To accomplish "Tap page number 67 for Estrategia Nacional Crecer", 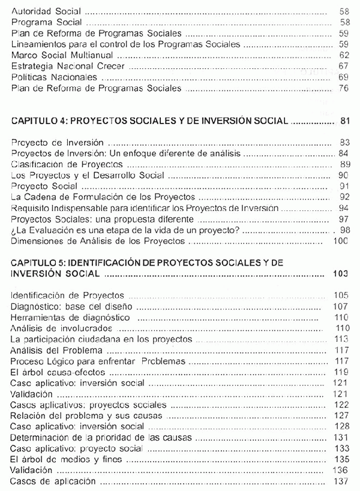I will click(344, 66).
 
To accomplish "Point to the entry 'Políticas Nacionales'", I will click(54, 77).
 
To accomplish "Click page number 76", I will click(344, 88).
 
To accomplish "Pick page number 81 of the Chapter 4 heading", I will click(344, 121).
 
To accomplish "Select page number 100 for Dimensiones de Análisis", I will click(341, 241).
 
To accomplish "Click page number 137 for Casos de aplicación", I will click(340, 481).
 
